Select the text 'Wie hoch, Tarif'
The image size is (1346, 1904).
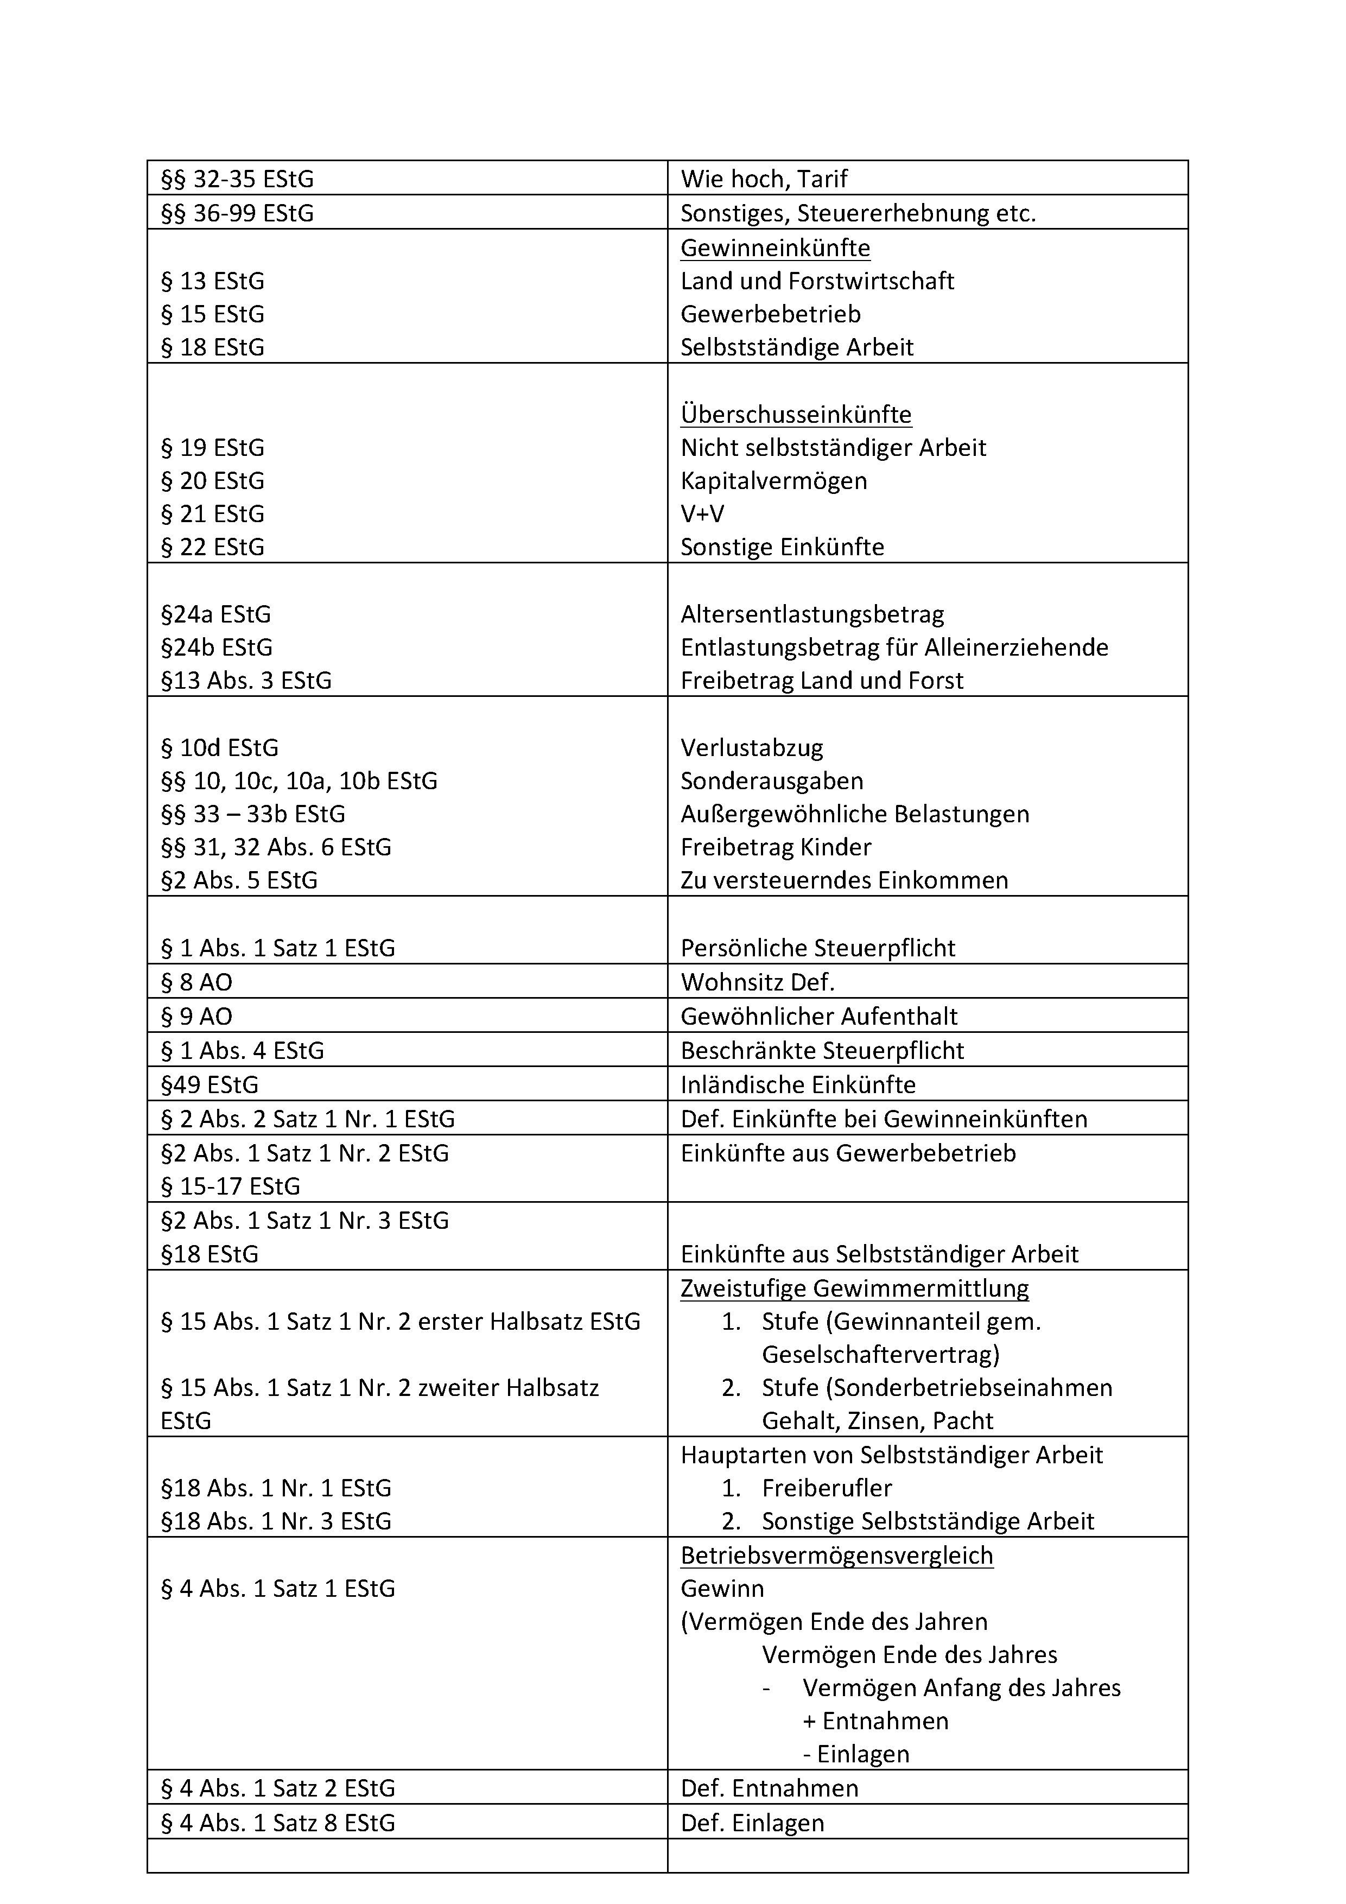click(764, 179)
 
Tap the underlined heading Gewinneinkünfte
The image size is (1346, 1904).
click(776, 248)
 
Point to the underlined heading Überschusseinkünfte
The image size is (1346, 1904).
click(796, 415)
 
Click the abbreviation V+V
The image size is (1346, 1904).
click(702, 514)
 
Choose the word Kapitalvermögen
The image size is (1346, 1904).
click(774, 481)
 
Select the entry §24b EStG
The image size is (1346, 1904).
click(217, 648)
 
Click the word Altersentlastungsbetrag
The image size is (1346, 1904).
click(812, 614)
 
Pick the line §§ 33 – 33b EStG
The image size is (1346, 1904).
click(253, 814)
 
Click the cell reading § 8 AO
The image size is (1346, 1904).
click(196, 983)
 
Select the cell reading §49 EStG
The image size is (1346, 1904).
click(210, 1084)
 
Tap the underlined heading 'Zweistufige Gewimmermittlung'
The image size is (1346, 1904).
click(855, 1289)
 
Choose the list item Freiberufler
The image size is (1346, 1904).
click(827, 1489)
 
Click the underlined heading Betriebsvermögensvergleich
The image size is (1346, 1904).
click(837, 1556)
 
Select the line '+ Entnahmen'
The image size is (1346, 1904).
click(876, 1722)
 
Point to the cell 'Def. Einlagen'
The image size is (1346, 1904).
click(753, 1823)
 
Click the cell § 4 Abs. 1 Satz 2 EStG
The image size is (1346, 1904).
click(278, 1789)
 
